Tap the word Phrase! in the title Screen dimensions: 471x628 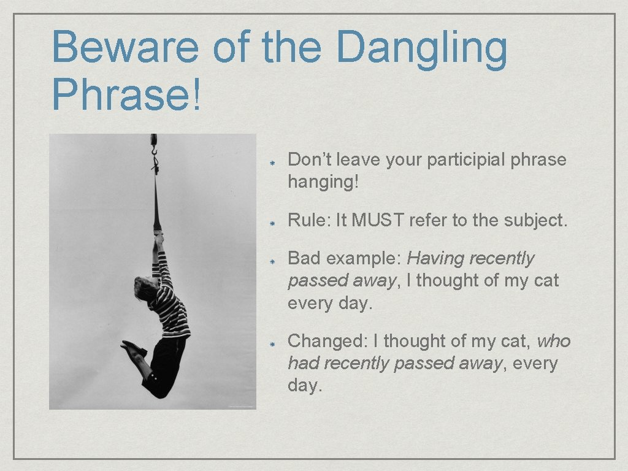(126, 94)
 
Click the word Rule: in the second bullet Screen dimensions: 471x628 (309, 220)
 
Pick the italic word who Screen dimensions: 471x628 (554, 340)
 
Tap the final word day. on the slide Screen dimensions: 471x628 (305, 386)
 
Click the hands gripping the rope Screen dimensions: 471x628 (158, 236)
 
